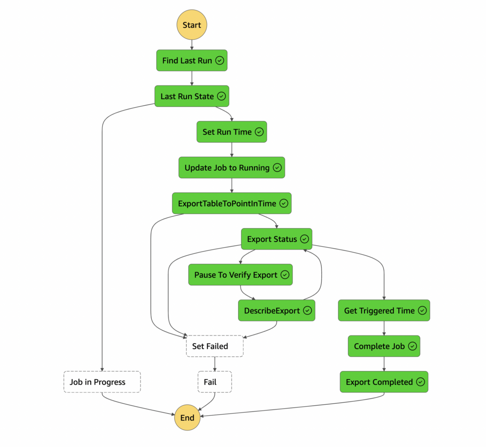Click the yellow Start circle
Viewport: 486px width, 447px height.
coord(192,25)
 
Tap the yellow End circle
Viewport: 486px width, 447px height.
coord(187,418)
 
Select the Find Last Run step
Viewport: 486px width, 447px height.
coord(192,61)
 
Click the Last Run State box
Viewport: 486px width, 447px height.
coord(192,96)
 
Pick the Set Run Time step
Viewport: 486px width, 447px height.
coord(232,132)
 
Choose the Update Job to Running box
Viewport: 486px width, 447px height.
coord(232,168)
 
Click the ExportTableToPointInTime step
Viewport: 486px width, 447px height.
coord(232,204)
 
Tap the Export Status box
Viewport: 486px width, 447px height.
coord(276,239)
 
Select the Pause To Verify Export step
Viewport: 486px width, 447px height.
coord(240,275)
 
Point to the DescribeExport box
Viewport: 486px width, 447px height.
coord(276,311)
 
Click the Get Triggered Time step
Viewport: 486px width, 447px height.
coord(384,311)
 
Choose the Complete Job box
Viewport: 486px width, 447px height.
coord(384,346)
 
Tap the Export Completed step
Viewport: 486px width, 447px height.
coord(384,382)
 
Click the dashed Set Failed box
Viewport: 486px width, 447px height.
coord(215,346)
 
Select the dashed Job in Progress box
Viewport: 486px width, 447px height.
coord(102,382)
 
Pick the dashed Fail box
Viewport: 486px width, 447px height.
coord(215,382)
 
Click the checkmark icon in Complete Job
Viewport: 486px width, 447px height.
coord(412,346)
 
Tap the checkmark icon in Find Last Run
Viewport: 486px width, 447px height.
coord(219,61)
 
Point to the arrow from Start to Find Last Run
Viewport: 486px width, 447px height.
coord(192,45)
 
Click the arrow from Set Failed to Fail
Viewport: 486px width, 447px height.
coord(215,364)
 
